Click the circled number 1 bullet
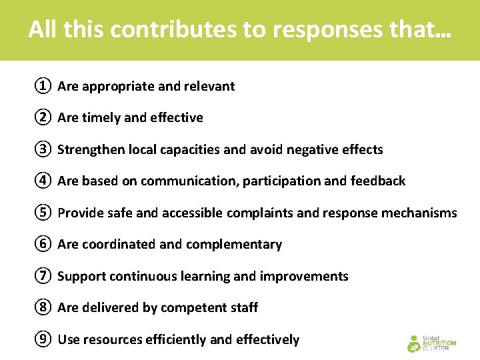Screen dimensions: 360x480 pos(42,86)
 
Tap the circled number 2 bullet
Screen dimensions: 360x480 pos(42,117)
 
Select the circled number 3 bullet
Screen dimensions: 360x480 pos(42,149)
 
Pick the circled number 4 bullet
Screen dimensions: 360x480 pos(42,181)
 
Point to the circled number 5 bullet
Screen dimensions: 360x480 pos(42,213)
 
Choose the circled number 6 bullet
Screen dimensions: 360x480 pos(42,244)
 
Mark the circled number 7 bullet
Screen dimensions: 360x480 pos(42,276)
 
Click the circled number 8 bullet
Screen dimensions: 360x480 pos(42,307)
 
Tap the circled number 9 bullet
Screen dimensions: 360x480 pos(42,339)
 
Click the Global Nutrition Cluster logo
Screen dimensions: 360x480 pos(431,343)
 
